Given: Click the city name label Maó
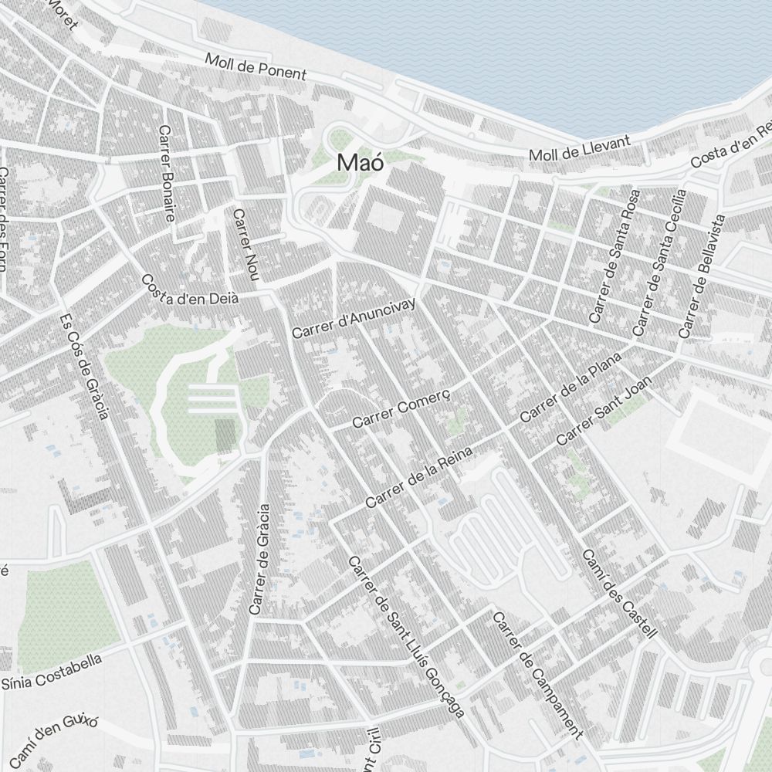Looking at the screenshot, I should (361, 163).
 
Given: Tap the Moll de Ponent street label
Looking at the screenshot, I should (256, 67).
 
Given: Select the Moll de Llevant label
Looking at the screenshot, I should (580, 148).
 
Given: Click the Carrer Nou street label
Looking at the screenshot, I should (244, 245).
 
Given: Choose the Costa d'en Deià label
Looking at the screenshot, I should (189, 289).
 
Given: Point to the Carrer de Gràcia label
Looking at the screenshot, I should (259, 559).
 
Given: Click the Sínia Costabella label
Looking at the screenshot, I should (52, 672).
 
